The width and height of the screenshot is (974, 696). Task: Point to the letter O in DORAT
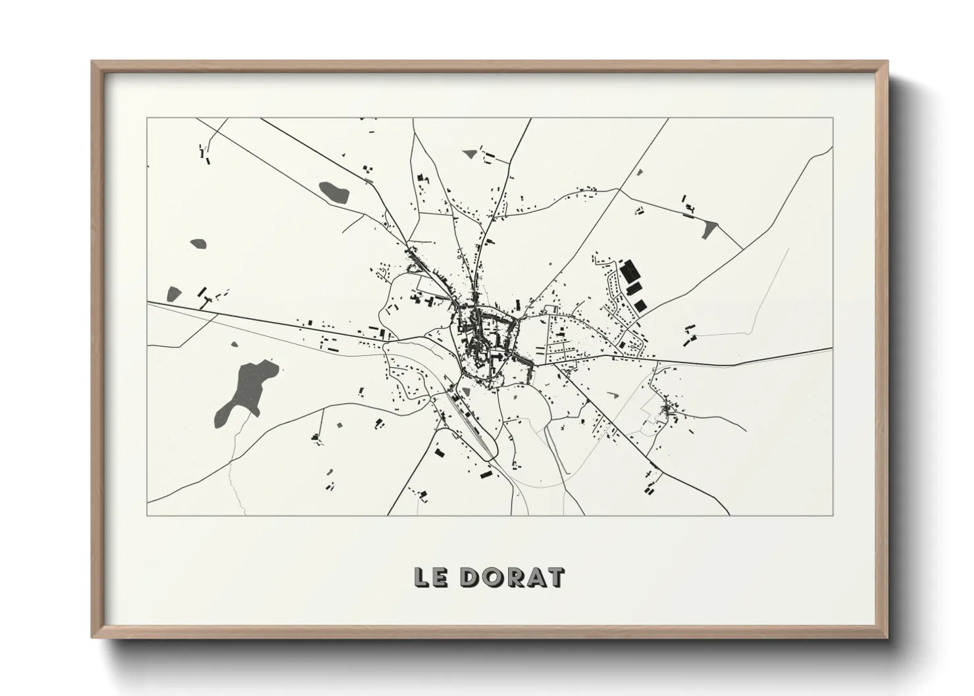490,578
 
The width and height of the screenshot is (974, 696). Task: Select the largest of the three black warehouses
629,270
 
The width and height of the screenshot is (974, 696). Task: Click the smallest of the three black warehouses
640,304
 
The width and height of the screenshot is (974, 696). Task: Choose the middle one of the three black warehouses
634,289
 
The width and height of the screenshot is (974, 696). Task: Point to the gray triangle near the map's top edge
469,153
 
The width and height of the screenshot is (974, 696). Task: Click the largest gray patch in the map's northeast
709,229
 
